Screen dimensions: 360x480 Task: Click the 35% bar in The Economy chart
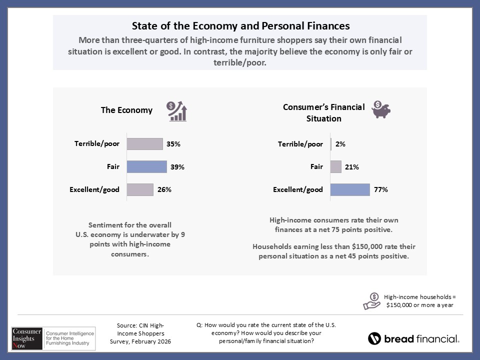pos(144,144)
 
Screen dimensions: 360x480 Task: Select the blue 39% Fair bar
pos(146,167)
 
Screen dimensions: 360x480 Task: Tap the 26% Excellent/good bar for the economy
pos(140,190)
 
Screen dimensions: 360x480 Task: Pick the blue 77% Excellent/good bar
pos(350,190)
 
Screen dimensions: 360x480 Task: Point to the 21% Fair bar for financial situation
pos(336,167)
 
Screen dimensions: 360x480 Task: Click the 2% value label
pos(340,144)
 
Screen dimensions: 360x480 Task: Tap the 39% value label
pos(177,167)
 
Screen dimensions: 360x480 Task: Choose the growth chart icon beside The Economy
pos(177,111)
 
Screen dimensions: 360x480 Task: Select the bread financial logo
pos(413,338)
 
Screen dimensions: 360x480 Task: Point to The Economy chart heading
pos(126,110)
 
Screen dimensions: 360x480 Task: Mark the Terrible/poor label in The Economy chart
pos(97,144)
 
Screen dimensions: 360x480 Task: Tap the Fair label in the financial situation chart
pos(316,167)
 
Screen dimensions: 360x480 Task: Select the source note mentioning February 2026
pos(140,333)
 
